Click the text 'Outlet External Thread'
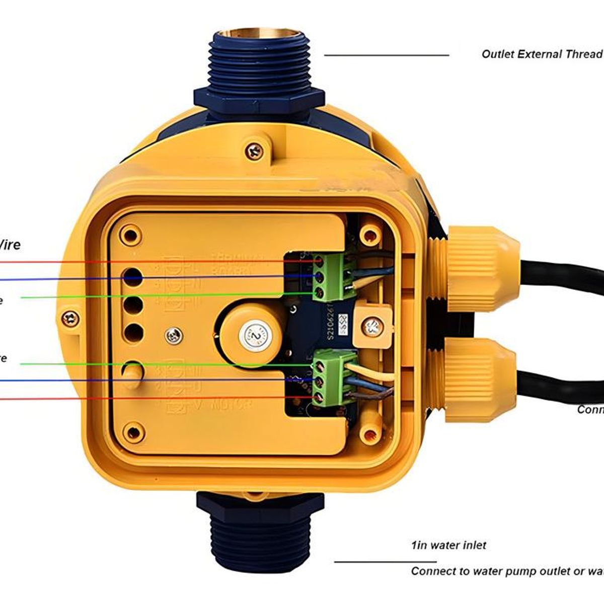click(542, 54)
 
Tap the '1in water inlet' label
click(448, 545)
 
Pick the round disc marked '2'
click(256, 334)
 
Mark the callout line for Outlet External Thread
click(386, 55)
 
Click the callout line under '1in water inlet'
click(385, 562)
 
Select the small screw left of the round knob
click(175, 333)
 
